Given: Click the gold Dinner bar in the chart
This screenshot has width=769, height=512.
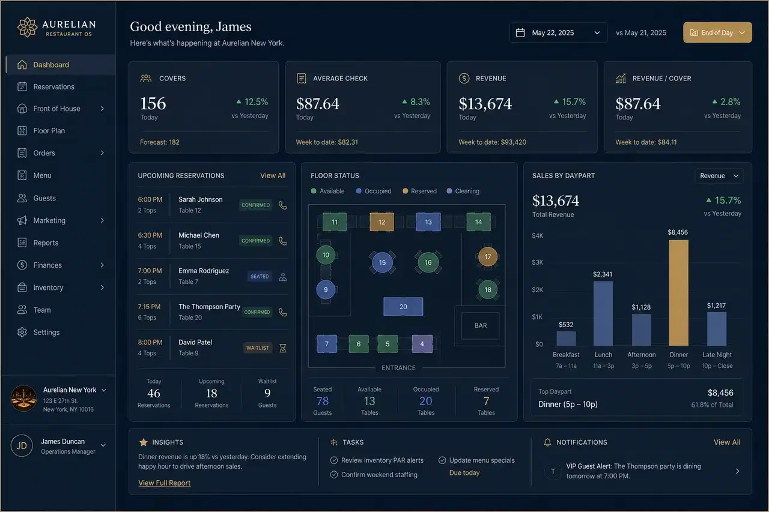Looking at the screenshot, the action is pyautogui.click(x=678, y=292).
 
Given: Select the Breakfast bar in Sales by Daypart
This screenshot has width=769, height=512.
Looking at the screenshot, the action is pyautogui.click(x=566, y=338).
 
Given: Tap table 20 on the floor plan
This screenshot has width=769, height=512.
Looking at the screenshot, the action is pyautogui.click(x=403, y=306).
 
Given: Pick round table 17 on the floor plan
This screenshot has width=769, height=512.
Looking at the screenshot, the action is pyautogui.click(x=487, y=256).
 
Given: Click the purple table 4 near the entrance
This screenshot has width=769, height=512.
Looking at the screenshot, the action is pyautogui.click(x=422, y=343).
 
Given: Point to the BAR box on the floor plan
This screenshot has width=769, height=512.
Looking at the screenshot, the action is pyautogui.click(x=480, y=325).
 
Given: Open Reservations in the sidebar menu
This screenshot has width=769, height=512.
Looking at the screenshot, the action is pyautogui.click(x=53, y=87).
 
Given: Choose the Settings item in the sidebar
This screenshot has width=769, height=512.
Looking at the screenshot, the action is pyautogui.click(x=46, y=333).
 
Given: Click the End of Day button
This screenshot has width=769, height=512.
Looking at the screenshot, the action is pyautogui.click(x=717, y=32).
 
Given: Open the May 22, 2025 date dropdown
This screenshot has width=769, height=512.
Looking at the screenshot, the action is pyautogui.click(x=558, y=32).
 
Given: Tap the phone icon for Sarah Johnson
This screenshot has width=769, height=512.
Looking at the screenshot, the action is pyautogui.click(x=282, y=205).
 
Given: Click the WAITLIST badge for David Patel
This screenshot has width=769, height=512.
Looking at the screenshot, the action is pyautogui.click(x=258, y=348).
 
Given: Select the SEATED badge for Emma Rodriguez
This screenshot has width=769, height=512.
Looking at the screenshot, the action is pyautogui.click(x=260, y=276).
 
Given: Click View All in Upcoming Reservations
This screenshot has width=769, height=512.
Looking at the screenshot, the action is pyautogui.click(x=273, y=176).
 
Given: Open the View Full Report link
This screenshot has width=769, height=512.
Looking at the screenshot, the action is pyautogui.click(x=164, y=483).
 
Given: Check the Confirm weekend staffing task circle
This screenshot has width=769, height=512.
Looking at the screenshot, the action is pyautogui.click(x=333, y=475).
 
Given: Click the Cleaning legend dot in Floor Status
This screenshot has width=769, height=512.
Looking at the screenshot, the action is pyautogui.click(x=449, y=191).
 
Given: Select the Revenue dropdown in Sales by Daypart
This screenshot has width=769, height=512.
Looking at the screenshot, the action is pyautogui.click(x=719, y=176).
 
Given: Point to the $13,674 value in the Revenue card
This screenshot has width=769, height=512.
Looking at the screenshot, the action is pyautogui.click(x=485, y=104).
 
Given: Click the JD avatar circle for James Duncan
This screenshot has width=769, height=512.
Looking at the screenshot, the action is pyautogui.click(x=22, y=445).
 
